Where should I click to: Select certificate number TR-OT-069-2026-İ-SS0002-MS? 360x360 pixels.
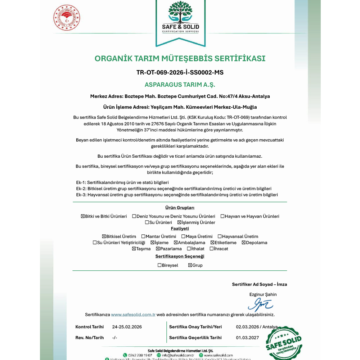pos(180,72)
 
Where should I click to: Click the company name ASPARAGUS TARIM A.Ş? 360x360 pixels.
pos(180,85)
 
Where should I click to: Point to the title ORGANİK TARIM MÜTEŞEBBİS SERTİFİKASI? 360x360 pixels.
pos(180,58)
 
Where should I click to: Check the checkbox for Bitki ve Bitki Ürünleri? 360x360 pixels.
pos(83,216)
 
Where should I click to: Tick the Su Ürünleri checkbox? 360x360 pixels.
pos(147,222)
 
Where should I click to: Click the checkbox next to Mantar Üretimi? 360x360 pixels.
pos(143,237)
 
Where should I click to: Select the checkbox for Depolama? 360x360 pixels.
pos(243,243)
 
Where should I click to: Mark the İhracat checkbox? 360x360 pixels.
pos(212,249)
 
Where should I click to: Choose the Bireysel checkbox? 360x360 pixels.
pos(159,265)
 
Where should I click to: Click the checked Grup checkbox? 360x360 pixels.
pos(190,265)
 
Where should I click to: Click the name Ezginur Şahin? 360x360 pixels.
pos(263,294)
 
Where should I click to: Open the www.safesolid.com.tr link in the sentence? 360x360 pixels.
pos(133,315)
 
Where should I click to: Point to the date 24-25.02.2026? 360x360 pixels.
pos(127,327)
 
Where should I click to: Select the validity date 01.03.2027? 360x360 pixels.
pos(247,338)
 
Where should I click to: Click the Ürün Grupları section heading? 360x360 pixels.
pos(180,208)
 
